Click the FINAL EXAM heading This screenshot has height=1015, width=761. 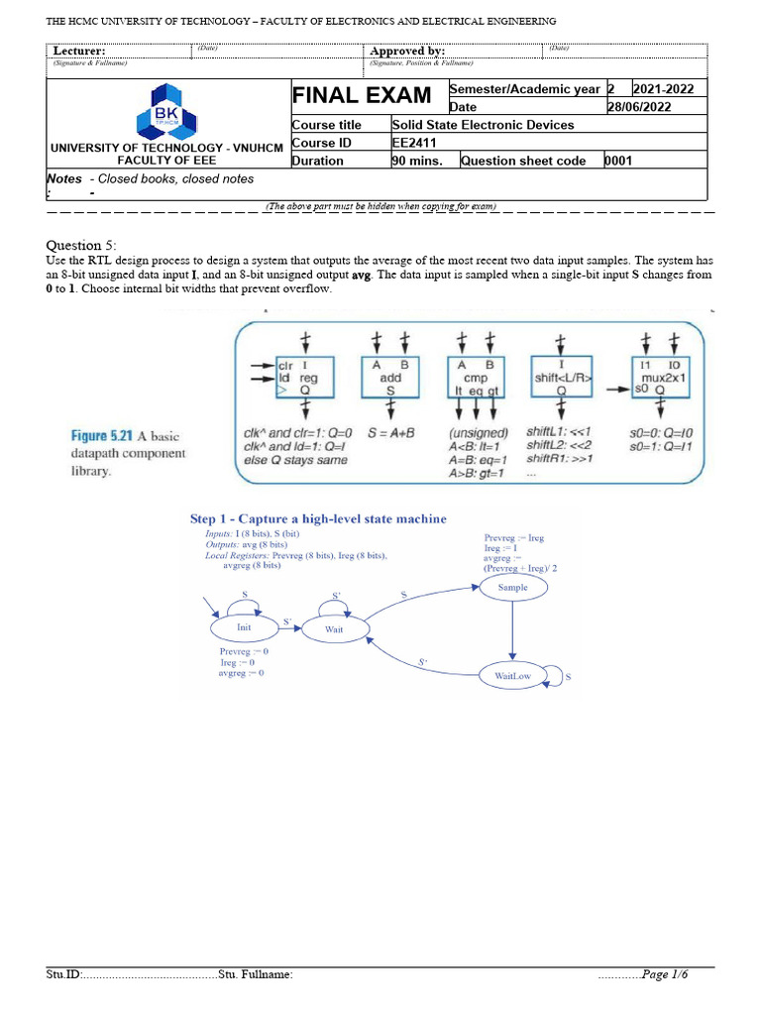(x=361, y=95)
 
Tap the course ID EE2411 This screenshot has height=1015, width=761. (x=415, y=143)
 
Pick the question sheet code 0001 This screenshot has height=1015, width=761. (x=618, y=161)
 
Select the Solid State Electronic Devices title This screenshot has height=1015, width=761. (x=483, y=125)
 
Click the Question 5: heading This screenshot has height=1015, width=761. (x=81, y=245)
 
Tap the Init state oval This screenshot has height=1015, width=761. (x=243, y=627)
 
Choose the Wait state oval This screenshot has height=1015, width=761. (x=335, y=627)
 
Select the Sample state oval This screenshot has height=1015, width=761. (x=512, y=587)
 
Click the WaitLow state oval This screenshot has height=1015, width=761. (x=512, y=676)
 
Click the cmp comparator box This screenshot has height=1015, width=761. (x=476, y=378)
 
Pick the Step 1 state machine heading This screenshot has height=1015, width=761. (x=317, y=518)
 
